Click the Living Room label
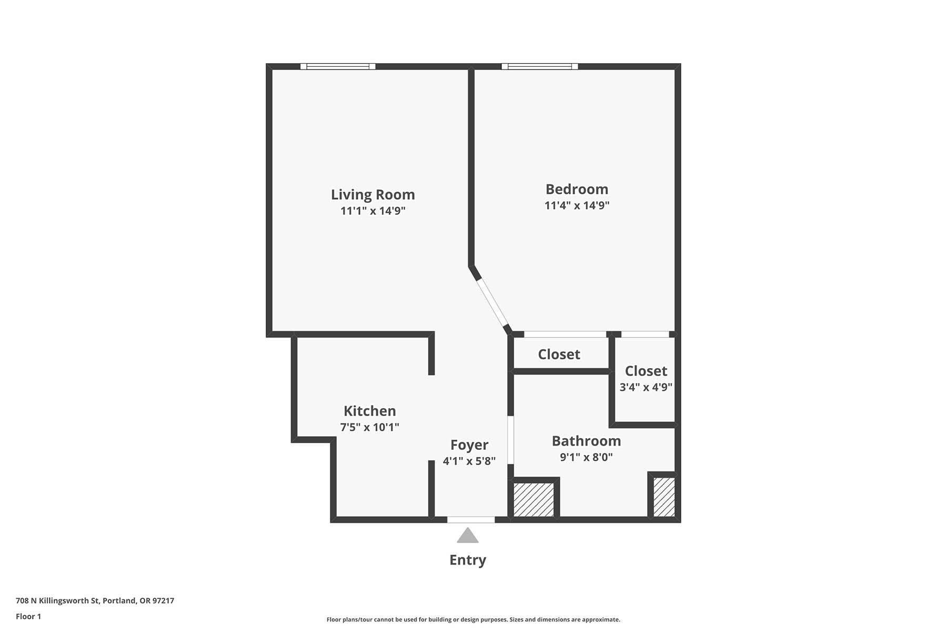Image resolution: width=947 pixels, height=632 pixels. pos(372,195)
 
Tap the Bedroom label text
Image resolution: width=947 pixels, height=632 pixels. pos(577,189)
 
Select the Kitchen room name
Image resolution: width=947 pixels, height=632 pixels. pos(369,411)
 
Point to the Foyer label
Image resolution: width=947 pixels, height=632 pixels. pos(469,446)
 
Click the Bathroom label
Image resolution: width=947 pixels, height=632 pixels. pos(586,441)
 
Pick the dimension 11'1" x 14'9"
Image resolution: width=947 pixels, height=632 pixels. pos(372,211)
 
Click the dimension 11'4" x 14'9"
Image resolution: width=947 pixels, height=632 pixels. pos(577,205)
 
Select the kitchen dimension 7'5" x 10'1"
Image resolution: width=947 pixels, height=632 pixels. pos(369,427)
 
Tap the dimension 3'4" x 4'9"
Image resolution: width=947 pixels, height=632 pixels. pos(646,387)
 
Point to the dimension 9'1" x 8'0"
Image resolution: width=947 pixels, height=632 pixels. pos(586,457)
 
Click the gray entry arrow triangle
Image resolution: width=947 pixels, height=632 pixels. pos(468,536)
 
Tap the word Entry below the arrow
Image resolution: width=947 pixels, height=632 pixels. pos(468,560)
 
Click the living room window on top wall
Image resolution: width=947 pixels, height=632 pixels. pos(338,66)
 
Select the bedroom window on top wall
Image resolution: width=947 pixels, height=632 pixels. pos(540,66)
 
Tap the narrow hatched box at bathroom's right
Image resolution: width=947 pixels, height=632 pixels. pos(664,497)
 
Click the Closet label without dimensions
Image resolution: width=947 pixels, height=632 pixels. pos(559,354)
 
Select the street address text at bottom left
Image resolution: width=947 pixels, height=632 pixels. pos(95,600)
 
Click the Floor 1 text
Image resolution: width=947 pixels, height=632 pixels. pos(28,616)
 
